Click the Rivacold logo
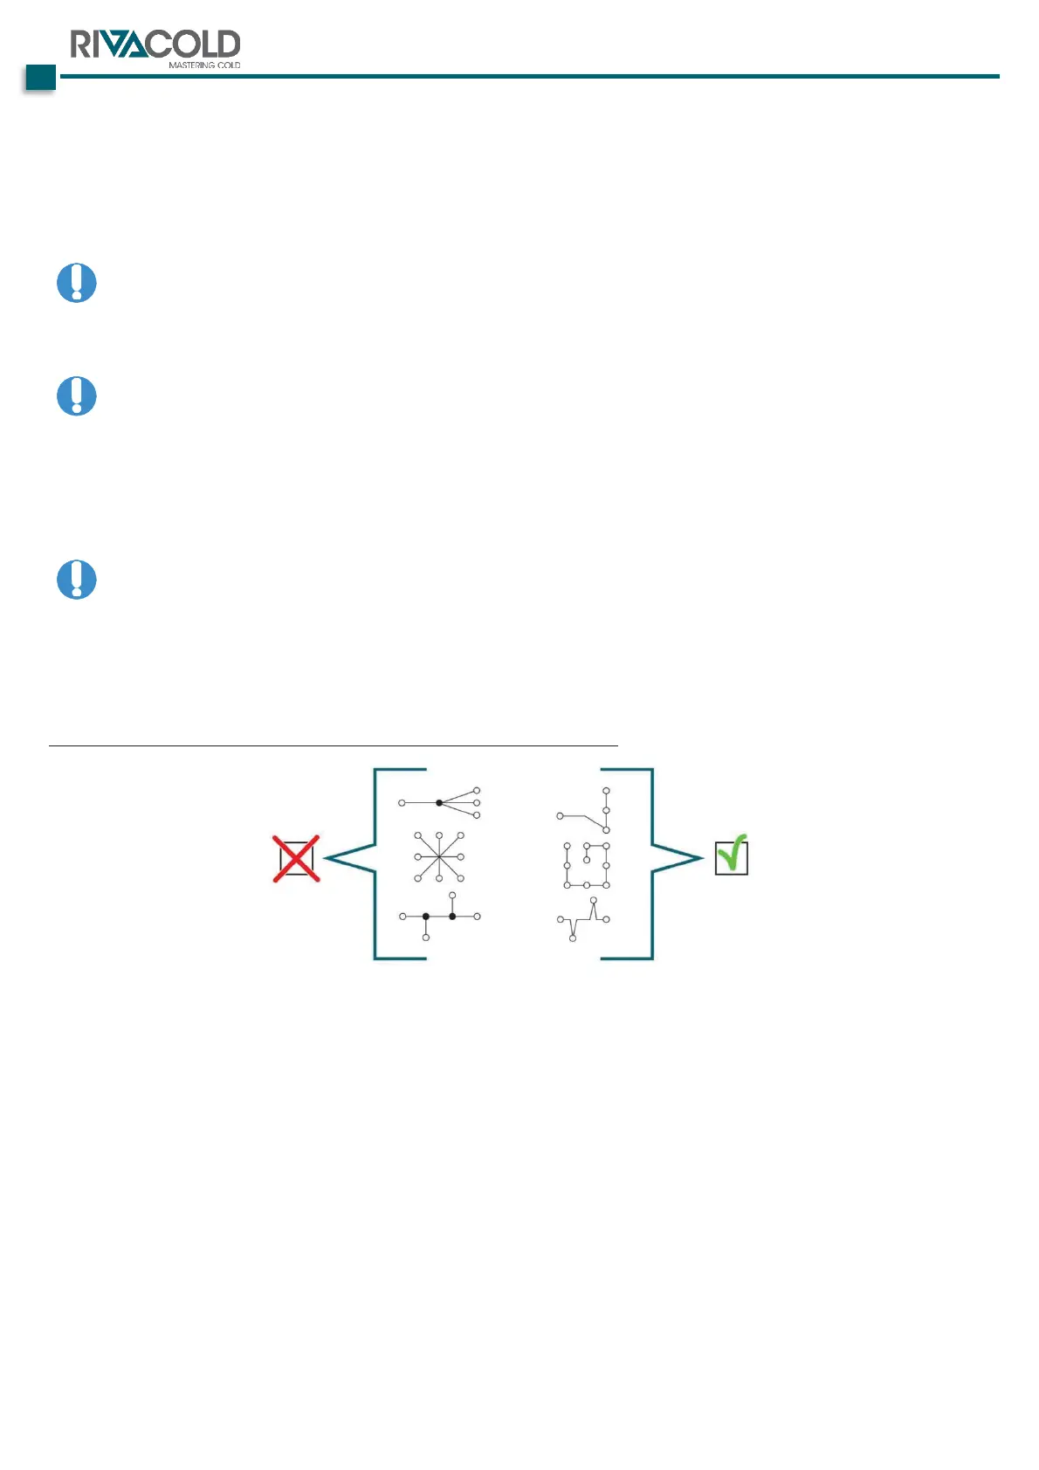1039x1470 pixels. pyautogui.click(x=155, y=44)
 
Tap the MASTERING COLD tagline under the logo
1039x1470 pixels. pyautogui.click(x=204, y=65)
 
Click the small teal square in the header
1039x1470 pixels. pyautogui.click(x=40, y=78)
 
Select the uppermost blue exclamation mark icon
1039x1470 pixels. pyautogui.click(x=77, y=283)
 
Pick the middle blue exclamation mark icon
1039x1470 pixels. pyautogui.click(x=77, y=396)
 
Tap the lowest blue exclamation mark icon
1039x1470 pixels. pyautogui.click(x=77, y=580)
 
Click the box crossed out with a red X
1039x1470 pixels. pyautogui.click(x=296, y=859)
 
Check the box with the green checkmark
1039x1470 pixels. pyautogui.click(x=731, y=856)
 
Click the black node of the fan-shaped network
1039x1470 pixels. pyautogui.click(x=439, y=802)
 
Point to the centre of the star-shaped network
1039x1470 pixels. pyautogui.click(x=439, y=857)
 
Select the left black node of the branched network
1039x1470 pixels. pyautogui.click(x=426, y=917)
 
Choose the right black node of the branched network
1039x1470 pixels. pyautogui.click(x=452, y=917)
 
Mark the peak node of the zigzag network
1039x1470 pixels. pyautogui.click(x=594, y=900)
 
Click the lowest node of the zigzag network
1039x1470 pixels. pyautogui.click(x=573, y=938)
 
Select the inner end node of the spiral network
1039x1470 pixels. pyautogui.click(x=587, y=861)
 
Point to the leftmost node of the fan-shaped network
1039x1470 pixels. pyautogui.click(x=402, y=802)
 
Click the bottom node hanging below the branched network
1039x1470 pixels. pyautogui.click(x=426, y=938)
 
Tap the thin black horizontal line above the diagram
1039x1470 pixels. pyautogui.click(x=333, y=746)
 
